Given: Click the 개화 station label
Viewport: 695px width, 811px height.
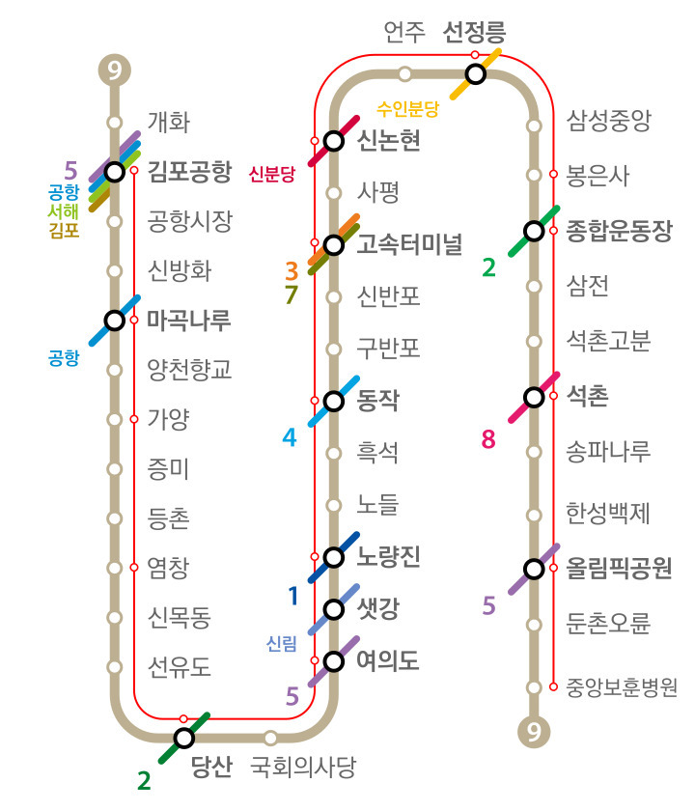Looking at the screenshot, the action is tap(168, 123).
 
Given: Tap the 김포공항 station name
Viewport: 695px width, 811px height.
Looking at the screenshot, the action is tap(190, 172).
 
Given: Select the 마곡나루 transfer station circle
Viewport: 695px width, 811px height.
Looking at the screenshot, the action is tap(115, 320).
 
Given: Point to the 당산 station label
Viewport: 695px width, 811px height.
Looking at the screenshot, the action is tap(211, 768).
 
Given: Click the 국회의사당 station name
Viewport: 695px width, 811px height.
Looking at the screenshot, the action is tap(302, 768).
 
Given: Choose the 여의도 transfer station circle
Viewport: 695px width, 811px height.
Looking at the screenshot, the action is tap(334, 661).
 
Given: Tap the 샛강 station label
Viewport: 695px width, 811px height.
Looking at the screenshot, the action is tap(377, 609).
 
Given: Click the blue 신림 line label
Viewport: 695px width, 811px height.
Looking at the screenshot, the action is tap(282, 644).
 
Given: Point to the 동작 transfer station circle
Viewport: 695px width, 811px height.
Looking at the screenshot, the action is tap(334, 401).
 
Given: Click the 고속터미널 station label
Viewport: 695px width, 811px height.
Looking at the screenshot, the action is tap(409, 243).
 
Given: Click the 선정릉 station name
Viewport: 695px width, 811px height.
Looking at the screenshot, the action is tap(474, 33).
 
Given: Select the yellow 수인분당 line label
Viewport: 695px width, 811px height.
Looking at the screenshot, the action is tap(408, 108).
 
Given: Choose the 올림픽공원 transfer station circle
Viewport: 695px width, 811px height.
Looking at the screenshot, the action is tap(534, 569).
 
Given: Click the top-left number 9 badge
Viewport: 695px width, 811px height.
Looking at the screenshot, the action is tap(115, 70).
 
